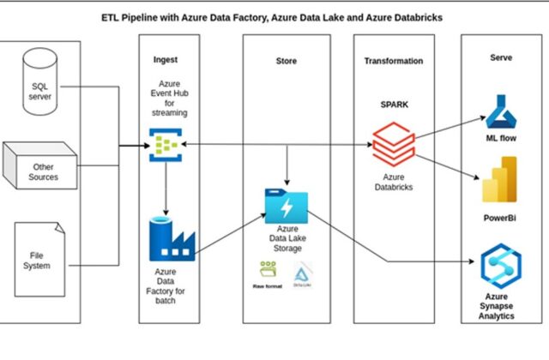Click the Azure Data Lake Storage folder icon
point(286,207)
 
